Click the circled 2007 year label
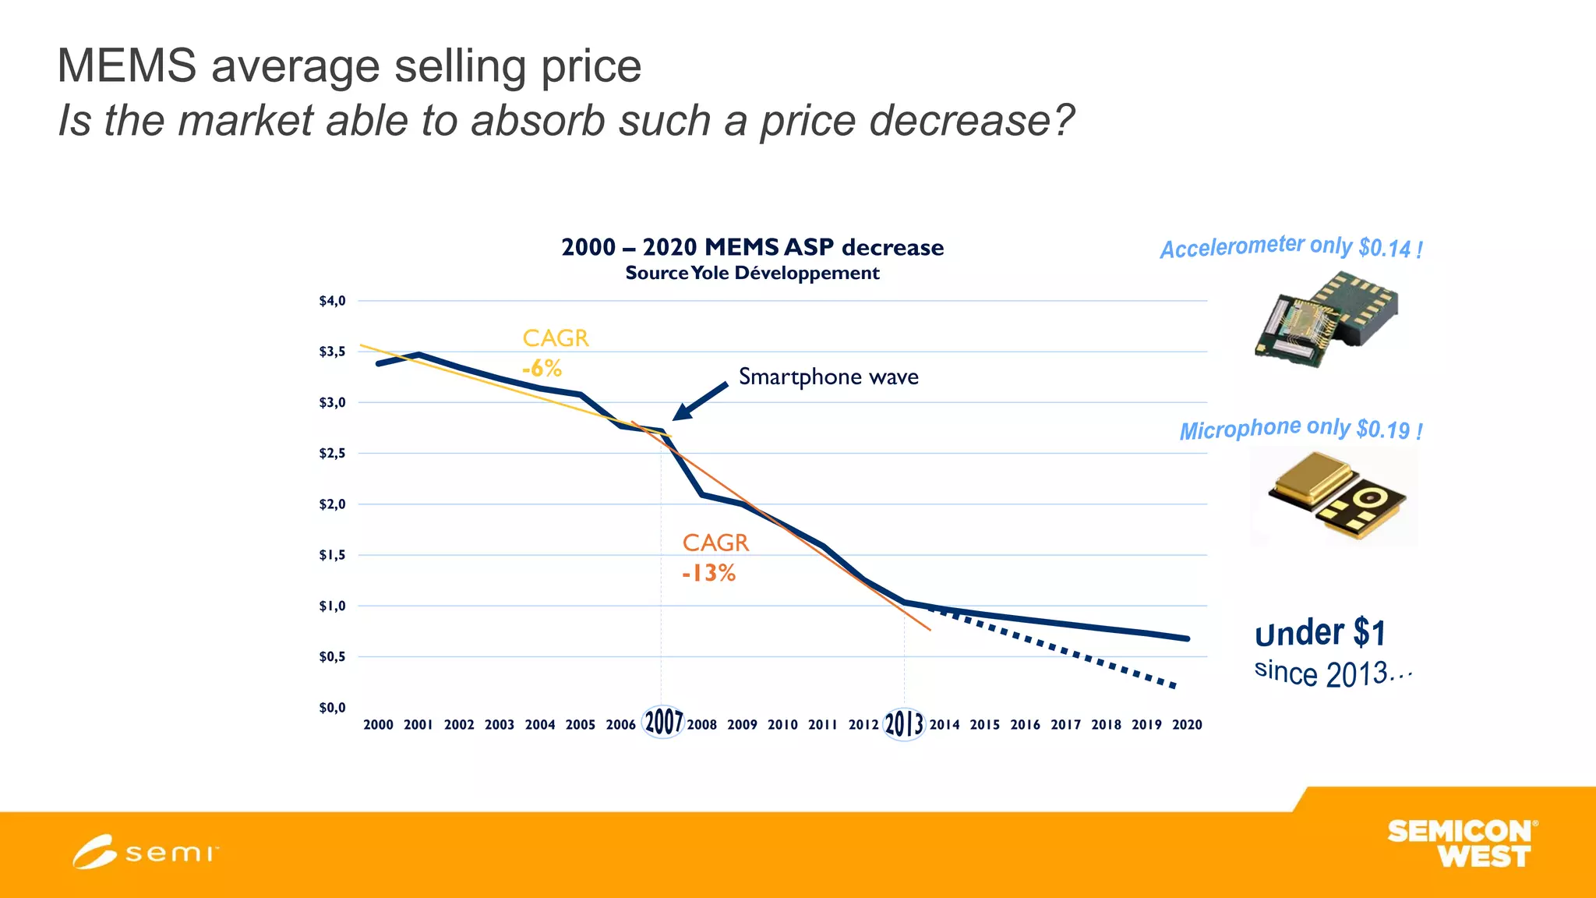pos(663,722)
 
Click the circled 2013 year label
pos(904,723)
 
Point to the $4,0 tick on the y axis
pos(332,301)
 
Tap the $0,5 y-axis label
pos(332,657)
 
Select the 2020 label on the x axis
pos(1187,725)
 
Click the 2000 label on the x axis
pos(378,725)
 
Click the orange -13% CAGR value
pos(708,574)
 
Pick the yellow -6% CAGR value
pos(542,368)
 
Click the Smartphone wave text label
pos(828,377)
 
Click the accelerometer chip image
pos(1326,319)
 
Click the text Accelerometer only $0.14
pos(1291,247)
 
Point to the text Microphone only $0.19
pos(1301,429)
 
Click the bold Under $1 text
pos(1320,632)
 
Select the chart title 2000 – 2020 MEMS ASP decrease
pos(752,247)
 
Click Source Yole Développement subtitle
pos(752,273)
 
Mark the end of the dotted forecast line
pos(1174,686)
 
